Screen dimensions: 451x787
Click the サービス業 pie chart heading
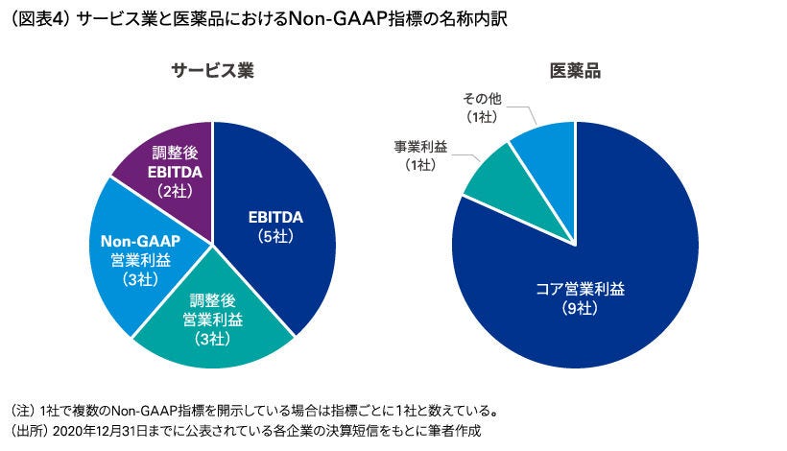click(212, 71)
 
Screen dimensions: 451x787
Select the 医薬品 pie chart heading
click(575, 71)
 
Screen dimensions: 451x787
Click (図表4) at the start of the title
click(34, 20)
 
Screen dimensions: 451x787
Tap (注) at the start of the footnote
click(21, 411)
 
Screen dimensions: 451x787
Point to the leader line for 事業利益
click(465, 158)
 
